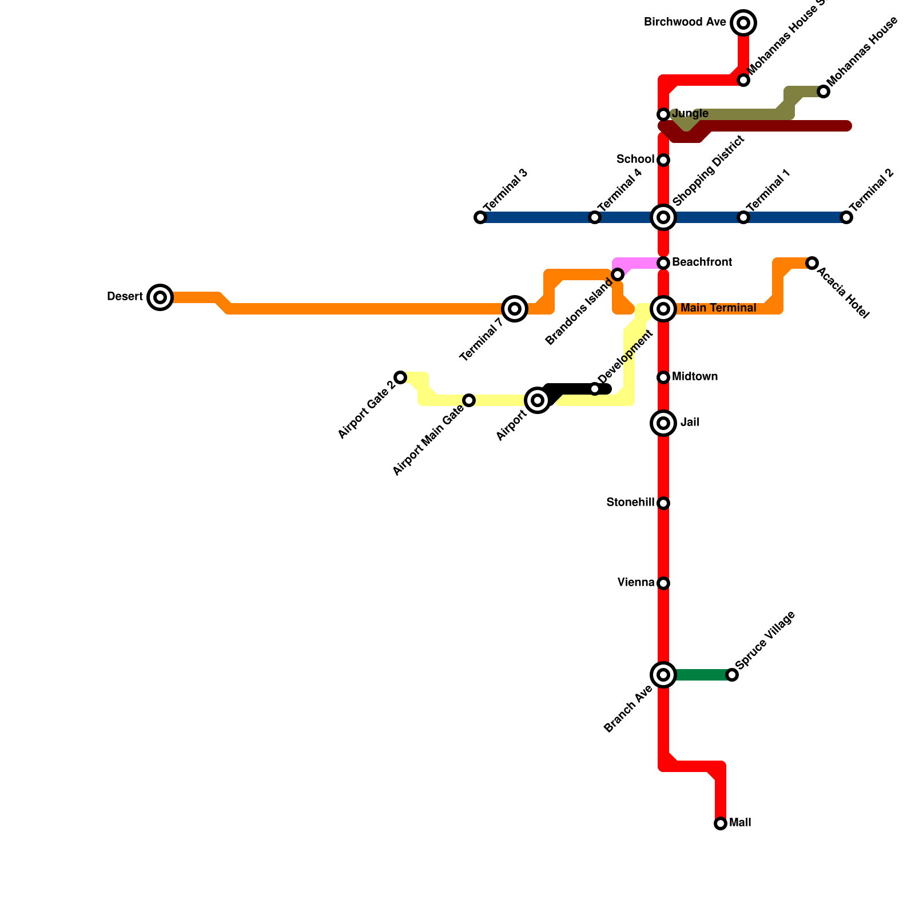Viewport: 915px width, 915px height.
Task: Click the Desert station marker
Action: (160, 297)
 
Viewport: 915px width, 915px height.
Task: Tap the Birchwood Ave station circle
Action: (743, 23)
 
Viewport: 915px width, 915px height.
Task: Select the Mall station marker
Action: (721, 823)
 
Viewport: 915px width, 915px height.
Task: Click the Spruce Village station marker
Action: (732, 675)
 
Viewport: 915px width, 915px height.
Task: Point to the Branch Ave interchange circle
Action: (663, 675)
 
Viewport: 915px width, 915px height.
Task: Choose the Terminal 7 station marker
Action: (515, 309)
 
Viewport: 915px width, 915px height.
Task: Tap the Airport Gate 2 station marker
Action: (400, 377)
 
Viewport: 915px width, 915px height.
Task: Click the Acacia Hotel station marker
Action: (812, 263)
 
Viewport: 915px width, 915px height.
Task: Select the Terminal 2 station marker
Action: (846, 217)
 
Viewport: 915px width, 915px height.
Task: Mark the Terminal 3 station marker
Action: (480, 217)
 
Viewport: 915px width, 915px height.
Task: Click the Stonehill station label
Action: (630, 503)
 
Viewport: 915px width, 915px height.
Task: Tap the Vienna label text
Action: (636, 583)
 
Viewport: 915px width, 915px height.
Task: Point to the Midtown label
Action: (695, 377)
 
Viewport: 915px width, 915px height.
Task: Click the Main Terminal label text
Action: (718, 308)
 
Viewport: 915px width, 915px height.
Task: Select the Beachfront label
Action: (702, 262)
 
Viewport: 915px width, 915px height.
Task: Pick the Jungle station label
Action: (690, 114)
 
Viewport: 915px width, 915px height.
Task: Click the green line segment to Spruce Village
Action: (701, 675)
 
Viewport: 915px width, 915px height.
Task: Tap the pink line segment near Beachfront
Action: (638, 263)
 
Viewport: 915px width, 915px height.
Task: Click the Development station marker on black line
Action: (595, 389)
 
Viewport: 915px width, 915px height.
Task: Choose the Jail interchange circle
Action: (663, 423)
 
